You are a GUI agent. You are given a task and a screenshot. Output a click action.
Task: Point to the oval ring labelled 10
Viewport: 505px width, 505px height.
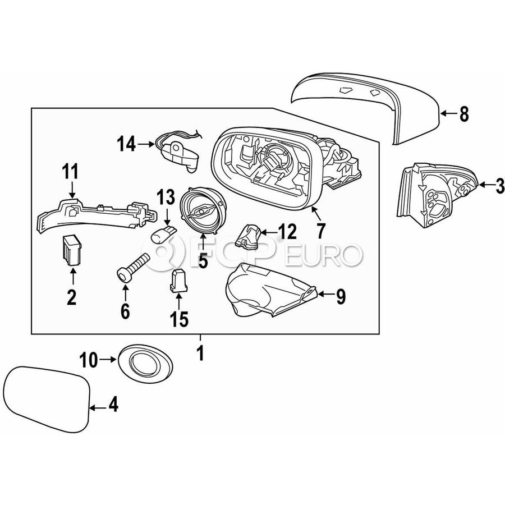(x=145, y=364)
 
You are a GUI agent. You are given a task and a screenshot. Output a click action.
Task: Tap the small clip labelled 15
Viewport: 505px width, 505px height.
(x=178, y=281)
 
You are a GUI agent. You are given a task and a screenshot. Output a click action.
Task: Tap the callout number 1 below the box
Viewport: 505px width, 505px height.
(x=201, y=353)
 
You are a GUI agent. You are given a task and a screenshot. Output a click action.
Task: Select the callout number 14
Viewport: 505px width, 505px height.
(x=126, y=144)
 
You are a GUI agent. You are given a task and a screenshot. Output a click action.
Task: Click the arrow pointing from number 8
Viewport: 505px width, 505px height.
(x=448, y=113)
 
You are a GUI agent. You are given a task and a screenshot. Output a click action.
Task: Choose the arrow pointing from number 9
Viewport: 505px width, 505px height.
(x=325, y=293)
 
